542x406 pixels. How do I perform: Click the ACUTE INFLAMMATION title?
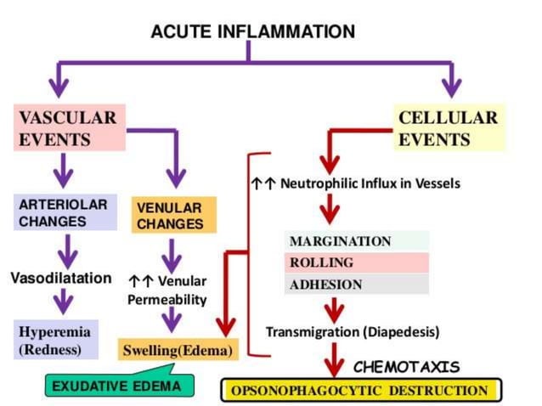click(x=252, y=32)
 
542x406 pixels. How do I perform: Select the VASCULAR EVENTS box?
click(x=69, y=127)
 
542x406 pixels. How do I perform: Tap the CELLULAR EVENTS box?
click(x=449, y=127)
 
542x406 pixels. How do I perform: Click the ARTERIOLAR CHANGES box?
click(x=65, y=212)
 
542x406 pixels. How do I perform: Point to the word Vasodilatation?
click(x=60, y=278)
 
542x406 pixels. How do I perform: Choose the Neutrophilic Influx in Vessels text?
click(x=356, y=183)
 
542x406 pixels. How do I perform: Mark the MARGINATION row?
click(x=356, y=241)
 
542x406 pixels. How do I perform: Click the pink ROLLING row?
click(x=356, y=262)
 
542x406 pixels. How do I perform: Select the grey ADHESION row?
click(x=356, y=285)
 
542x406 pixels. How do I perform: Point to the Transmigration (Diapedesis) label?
click(x=353, y=331)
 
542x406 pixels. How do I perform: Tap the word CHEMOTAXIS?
click(x=406, y=367)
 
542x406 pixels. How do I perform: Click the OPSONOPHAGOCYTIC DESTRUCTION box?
click(x=362, y=391)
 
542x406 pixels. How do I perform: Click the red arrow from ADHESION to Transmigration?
click(x=337, y=308)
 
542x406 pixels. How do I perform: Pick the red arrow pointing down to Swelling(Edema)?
click(x=226, y=314)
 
